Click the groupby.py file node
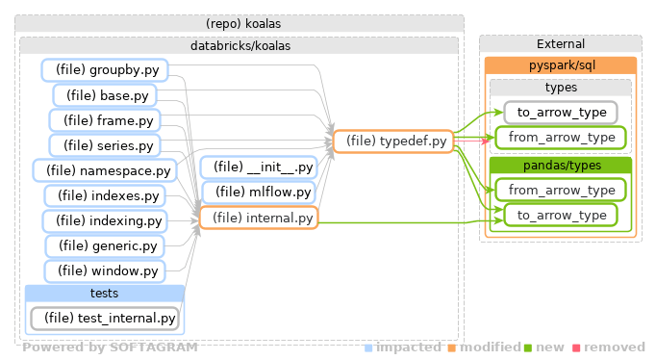[105, 69]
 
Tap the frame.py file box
[105, 120]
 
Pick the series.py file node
[105, 145]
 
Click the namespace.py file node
[105, 170]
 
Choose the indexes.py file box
[105, 195]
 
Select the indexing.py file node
[105, 220]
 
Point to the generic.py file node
[105, 245]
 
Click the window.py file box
[105, 270]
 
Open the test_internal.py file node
[105, 317]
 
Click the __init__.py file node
[258, 167]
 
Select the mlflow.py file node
[258, 193]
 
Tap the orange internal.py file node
[258, 219]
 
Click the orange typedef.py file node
[391, 141]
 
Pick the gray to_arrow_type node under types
[560, 113]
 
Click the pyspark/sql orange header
[560, 65]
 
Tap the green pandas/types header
[560, 166]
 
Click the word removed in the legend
[614, 347]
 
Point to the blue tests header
[104, 293]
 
